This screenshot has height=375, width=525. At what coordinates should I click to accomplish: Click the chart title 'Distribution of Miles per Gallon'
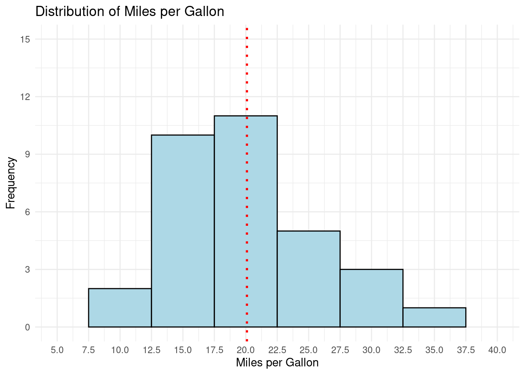(x=130, y=12)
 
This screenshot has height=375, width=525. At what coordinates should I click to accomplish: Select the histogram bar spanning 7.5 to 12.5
(x=120, y=308)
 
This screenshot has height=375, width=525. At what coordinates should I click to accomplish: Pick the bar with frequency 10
(x=183, y=230)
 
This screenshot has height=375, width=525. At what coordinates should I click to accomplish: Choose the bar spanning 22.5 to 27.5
(x=309, y=279)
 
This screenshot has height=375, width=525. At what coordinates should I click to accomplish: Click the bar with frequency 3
(x=371, y=298)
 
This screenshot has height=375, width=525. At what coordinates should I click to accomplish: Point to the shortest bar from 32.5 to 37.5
(x=434, y=317)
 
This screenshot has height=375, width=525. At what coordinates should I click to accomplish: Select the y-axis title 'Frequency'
(x=11, y=183)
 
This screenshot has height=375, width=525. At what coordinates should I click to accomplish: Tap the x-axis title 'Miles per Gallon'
(x=277, y=363)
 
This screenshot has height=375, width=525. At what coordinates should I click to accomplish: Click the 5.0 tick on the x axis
(x=57, y=350)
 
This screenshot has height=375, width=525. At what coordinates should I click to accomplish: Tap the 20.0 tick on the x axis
(x=246, y=350)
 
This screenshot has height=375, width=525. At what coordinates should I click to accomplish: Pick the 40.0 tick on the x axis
(x=497, y=350)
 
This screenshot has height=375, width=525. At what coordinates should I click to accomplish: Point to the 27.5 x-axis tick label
(x=340, y=350)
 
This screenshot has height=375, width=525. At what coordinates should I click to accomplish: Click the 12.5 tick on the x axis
(x=152, y=350)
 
